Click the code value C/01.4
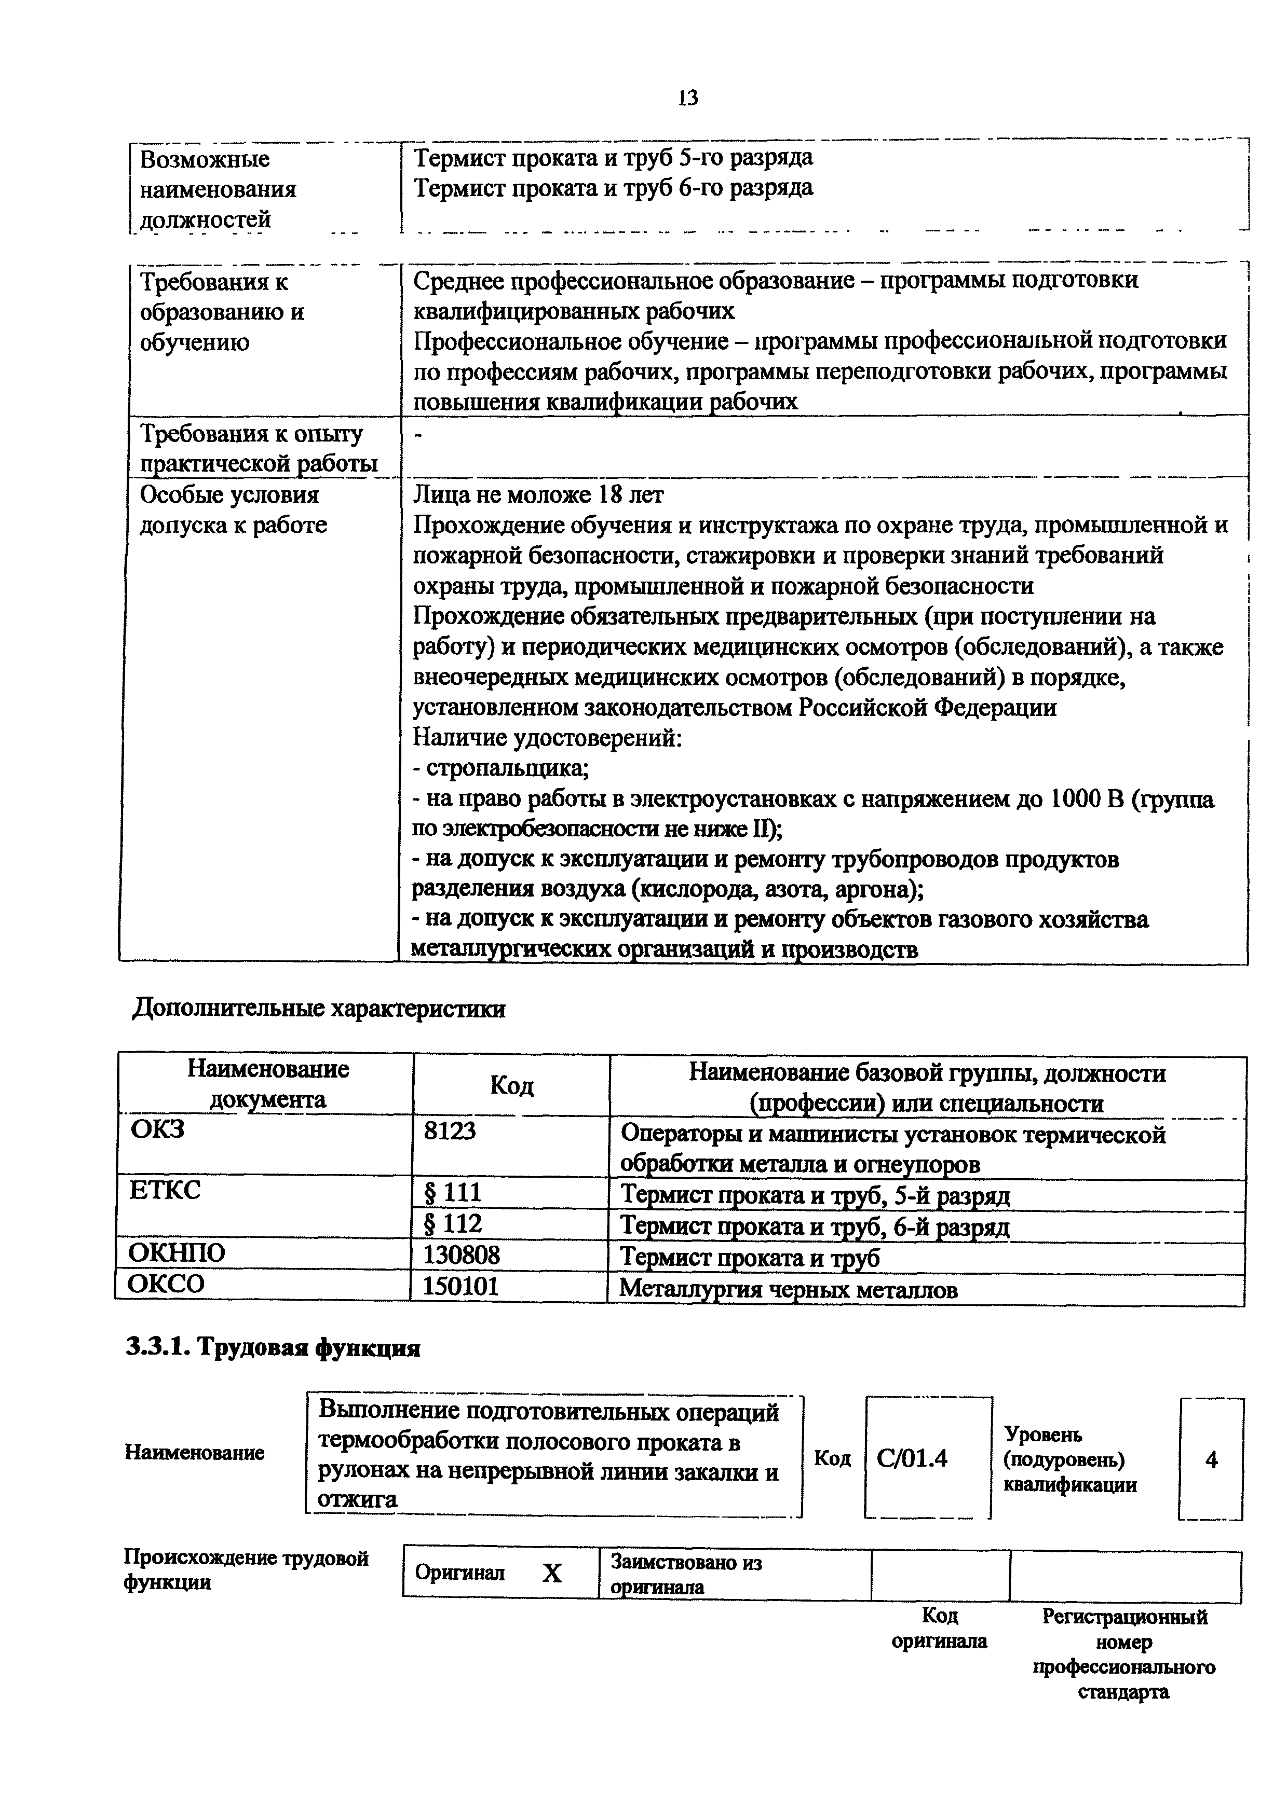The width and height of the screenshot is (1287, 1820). pos(912,1458)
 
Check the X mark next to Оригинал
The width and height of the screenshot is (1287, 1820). pos(552,1573)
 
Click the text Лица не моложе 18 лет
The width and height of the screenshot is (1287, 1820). pos(538,494)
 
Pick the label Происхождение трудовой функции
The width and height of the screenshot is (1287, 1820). pos(246,1569)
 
